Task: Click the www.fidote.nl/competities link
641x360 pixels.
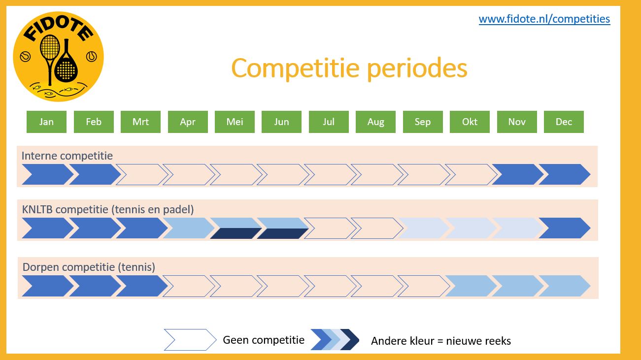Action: [544, 19]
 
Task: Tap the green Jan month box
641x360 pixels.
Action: [46, 122]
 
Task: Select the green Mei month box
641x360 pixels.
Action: [235, 122]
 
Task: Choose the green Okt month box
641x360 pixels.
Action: [470, 122]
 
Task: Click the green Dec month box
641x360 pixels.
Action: [564, 122]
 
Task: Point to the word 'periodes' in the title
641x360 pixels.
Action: [417, 68]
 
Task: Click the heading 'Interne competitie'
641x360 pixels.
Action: [67, 156]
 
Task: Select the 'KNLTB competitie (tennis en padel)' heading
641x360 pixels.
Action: [108, 210]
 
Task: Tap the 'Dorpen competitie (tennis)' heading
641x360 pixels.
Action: [89, 267]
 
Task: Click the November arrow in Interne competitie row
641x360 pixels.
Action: [518, 174]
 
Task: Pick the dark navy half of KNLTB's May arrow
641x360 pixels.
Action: [235, 233]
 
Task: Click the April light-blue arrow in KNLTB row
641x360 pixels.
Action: [189, 228]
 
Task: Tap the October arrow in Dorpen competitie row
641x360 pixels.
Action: [471, 286]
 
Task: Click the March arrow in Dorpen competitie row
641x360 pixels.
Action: [142, 286]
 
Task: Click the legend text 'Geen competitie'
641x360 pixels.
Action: [264, 340]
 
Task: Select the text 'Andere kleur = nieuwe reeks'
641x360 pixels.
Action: [441, 341]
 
